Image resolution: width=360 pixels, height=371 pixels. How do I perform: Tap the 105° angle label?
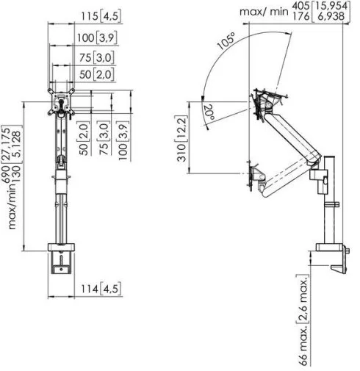[x=226, y=41]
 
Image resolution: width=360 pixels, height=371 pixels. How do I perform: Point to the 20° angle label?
[x=209, y=112]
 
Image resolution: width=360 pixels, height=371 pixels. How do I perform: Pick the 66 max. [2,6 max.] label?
[x=303, y=320]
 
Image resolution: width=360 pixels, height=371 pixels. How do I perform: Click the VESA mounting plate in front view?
[x=61, y=101]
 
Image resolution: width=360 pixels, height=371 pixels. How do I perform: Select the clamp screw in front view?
[x=61, y=259]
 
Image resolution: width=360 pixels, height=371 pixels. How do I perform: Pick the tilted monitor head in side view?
[x=267, y=103]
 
